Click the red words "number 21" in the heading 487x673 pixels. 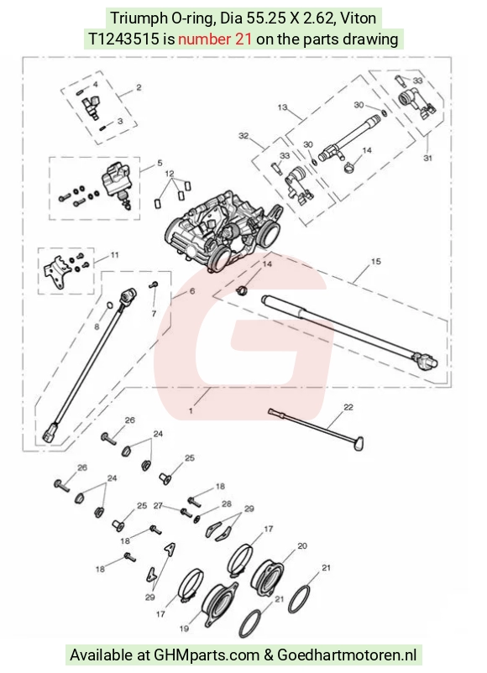coord(215,39)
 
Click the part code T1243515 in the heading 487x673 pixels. coord(123,39)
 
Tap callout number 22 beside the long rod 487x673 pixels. coord(348,407)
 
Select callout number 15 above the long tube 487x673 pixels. coord(376,261)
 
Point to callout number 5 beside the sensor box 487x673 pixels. coord(160,163)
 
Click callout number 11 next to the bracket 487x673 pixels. coord(115,255)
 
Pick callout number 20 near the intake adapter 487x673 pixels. coord(302,546)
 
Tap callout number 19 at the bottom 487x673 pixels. coord(184,629)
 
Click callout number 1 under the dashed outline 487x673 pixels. coord(191,410)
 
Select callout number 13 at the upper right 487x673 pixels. coord(282,107)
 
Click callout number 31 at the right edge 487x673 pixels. coord(427,158)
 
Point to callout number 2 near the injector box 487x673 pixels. coord(139,87)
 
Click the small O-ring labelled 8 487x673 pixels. coord(109,305)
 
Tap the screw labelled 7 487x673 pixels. coord(154,284)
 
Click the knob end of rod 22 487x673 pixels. coord(359,444)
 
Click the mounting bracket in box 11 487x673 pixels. coord(55,271)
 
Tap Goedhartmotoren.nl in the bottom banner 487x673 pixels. coord(347,655)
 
